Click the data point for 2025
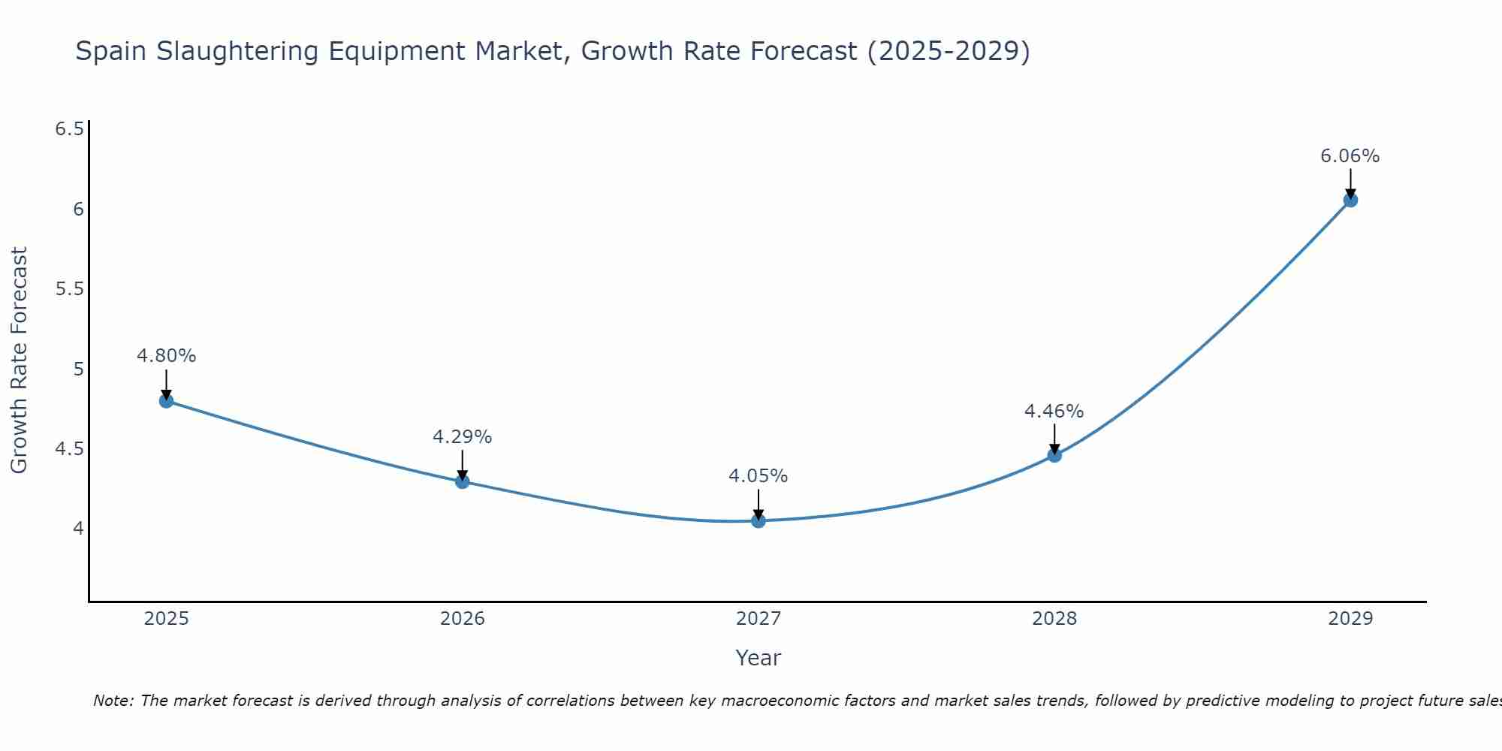[x=167, y=401]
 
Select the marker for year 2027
[x=759, y=520]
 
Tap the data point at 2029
[x=1350, y=200]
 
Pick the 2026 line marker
[x=463, y=481]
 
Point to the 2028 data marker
[x=1054, y=455]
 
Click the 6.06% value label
[x=1350, y=156]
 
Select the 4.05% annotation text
[x=758, y=476]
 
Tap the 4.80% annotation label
[x=166, y=356]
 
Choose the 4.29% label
[x=462, y=437]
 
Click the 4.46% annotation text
[x=1054, y=412]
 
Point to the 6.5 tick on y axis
[x=69, y=129]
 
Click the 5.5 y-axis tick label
[x=69, y=289]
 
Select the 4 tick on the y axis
[x=78, y=529]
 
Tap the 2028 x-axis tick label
[x=1054, y=619]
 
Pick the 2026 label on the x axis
[x=462, y=619]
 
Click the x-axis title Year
[x=758, y=658]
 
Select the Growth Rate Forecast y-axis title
[x=19, y=360]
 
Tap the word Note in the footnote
[x=112, y=701]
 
